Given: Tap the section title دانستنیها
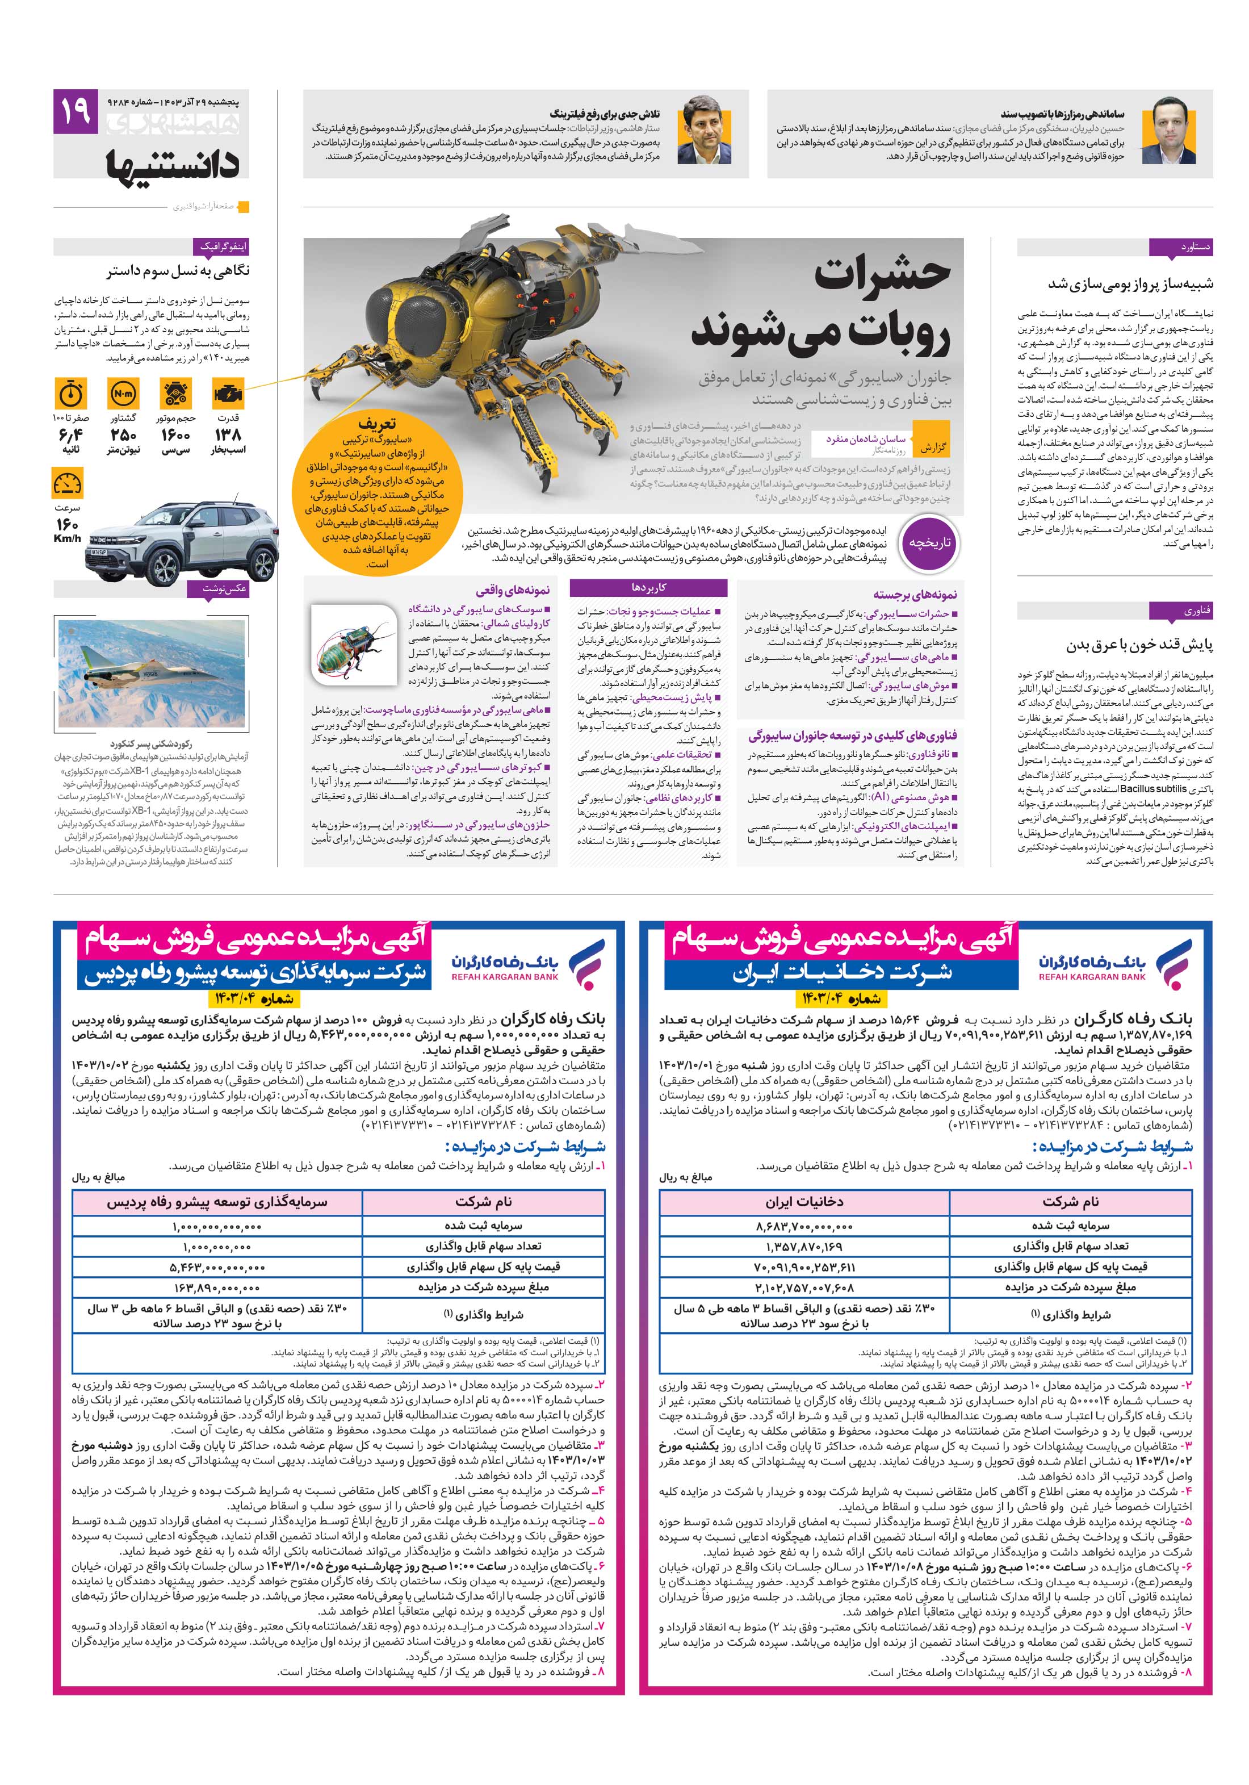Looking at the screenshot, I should pyautogui.click(x=173, y=163).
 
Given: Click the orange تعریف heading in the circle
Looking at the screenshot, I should pyautogui.click(x=376, y=424).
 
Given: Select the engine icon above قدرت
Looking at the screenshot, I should pyautogui.click(x=228, y=394).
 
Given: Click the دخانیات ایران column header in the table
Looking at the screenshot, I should pyautogui.click(x=804, y=1202).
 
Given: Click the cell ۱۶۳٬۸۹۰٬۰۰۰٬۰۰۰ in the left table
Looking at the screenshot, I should pyautogui.click(x=217, y=1287).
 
